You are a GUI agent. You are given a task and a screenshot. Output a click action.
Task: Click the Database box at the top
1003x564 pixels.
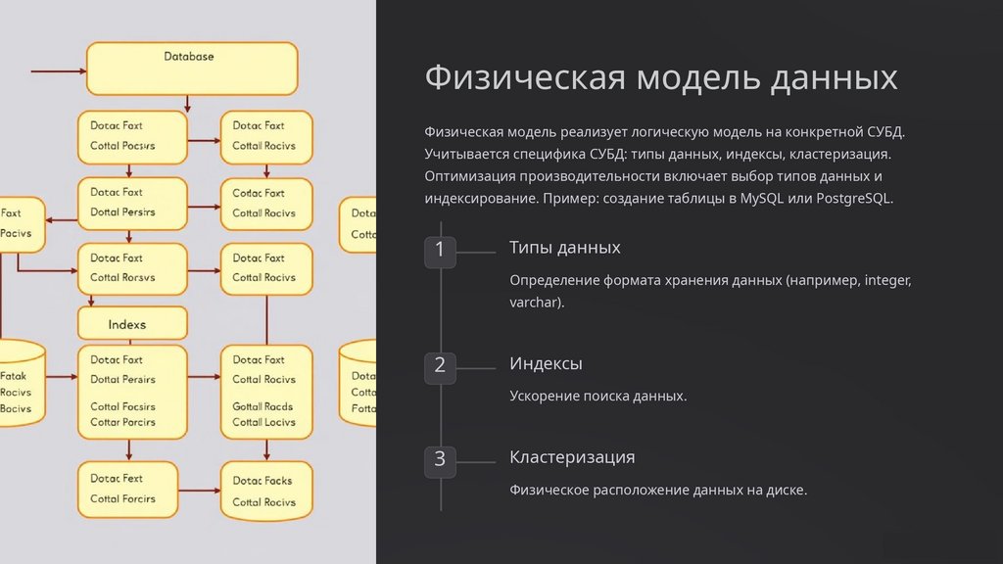pyautogui.click(x=192, y=68)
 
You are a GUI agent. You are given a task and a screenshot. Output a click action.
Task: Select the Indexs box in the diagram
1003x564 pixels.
pyautogui.click(x=132, y=323)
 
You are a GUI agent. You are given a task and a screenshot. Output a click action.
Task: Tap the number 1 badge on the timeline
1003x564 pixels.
pyautogui.click(x=440, y=251)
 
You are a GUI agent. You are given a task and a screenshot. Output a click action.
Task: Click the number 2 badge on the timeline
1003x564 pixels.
pyautogui.click(x=440, y=366)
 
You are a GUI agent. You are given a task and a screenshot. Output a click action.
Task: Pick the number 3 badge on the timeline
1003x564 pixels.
pyautogui.click(x=440, y=459)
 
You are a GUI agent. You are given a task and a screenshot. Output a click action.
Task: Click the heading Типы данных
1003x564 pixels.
pyautogui.click(x=564, y=248)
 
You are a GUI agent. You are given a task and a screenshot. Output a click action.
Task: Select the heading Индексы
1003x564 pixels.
pyautogui.click(x=546, y=363)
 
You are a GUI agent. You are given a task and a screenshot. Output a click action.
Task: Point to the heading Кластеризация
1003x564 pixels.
pyautogui.click(x=572, y=457)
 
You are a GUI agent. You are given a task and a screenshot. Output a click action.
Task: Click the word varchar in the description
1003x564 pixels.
pyautogui.click(x=534, y=304)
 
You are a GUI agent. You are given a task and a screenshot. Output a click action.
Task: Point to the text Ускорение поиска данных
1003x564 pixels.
pyautogui.click(x=597, y=397)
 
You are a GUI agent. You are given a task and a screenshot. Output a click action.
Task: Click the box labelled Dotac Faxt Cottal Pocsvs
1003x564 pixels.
pyautogui.click(x=132, y=136)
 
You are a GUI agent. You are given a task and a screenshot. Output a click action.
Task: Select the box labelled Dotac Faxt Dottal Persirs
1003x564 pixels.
pyautogui.click(x=132, y=203)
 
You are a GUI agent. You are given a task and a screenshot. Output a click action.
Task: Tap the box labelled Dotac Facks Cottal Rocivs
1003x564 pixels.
pyautogui.click(x=266, y=492)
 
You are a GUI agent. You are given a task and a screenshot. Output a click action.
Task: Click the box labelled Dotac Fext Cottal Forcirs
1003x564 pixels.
pyautogui.click(x=132, y=489)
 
